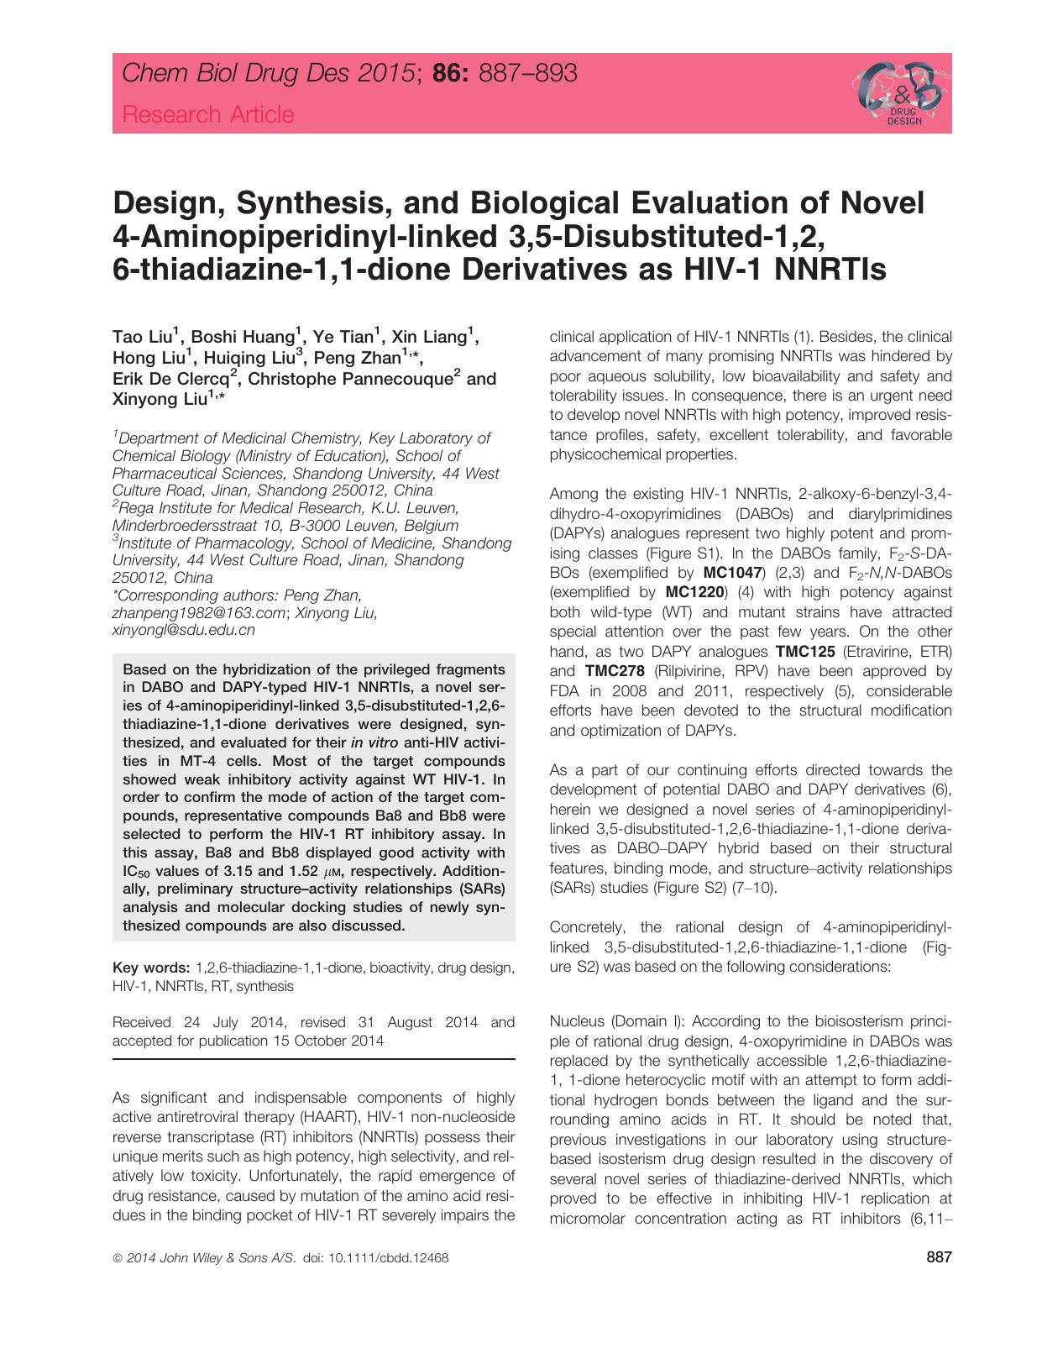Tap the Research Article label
[x=208, y=114]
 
